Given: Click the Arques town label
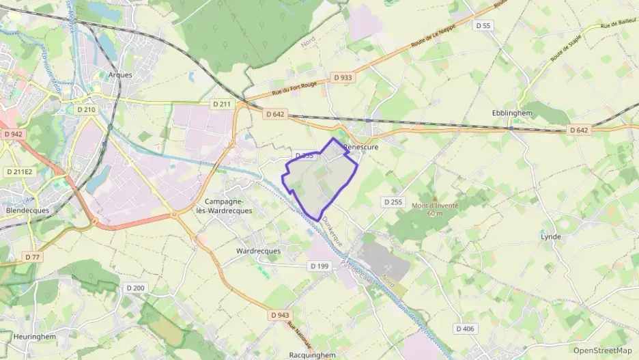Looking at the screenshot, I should pyautogui.click(x=119, y=75).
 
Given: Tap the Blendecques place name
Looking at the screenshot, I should pyautogui.click(x=27, y=210).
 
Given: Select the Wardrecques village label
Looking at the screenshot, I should pyautogui.click(x=257, y=251).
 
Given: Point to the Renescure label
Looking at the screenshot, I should pyautogui.click(x=362, y=147).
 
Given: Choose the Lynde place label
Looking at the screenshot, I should pyautogui.click(x=550, y=237).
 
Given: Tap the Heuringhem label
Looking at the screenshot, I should pyautogui.click(x=33, y=337).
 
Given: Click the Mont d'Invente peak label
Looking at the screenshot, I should pyautogui.click(x=435, y=206).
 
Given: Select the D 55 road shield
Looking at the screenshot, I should pyautogui.click(x=482, y=25).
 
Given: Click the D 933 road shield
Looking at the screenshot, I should pyautogui.click(x=343, y=78).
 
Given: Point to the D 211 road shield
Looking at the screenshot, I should pyautogui.click(x=222, y=104).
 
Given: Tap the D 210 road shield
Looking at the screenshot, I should pyautogui.click(x=86, y=109).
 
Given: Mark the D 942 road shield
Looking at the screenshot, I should pyautogui.click(x=13, y=134).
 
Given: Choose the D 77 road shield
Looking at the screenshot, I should pyautogui.click(x=31, y=257).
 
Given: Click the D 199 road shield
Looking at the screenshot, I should pyautogui.click(x=319, y=266).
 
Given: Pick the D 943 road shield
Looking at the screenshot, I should pyautogui.click(x=279, y=315).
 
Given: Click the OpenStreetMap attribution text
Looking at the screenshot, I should pyautogui.click(x=602, y=350).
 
